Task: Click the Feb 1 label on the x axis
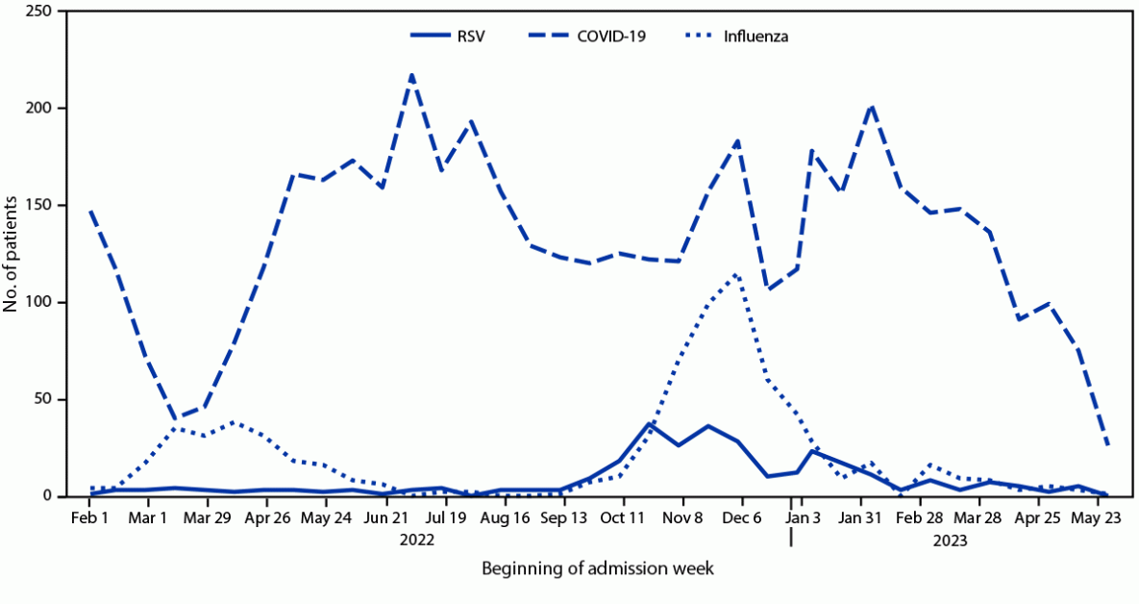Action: coord(89,517)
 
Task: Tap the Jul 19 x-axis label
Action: coord(446,517)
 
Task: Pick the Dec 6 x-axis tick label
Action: coord(742,517)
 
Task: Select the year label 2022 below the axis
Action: coord(417,541)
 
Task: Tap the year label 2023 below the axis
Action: coord(950,541)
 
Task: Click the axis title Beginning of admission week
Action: coord(598,569)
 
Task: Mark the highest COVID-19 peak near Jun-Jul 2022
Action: coord(411,74)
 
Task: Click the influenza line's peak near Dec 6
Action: coord(736,274)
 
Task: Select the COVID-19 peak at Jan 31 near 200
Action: coord(871,106)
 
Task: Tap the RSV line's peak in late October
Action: coord(651,422)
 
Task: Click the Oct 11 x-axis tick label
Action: coord(623,517)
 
